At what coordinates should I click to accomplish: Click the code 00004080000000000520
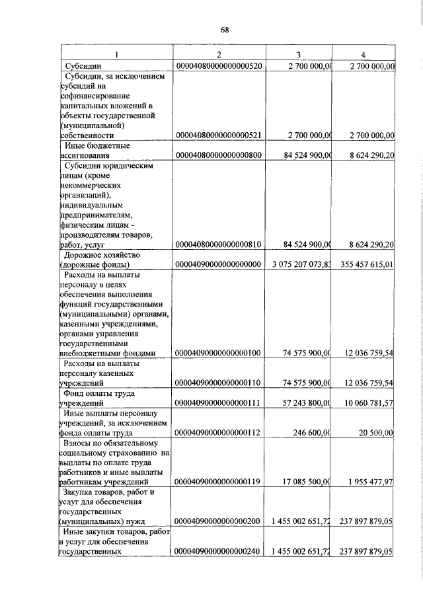219,66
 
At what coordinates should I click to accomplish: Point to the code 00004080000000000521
219,135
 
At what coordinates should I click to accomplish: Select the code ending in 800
219,156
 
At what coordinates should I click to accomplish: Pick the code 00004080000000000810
219,244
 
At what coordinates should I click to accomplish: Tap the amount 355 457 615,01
366,265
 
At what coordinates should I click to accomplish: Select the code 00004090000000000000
219,265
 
